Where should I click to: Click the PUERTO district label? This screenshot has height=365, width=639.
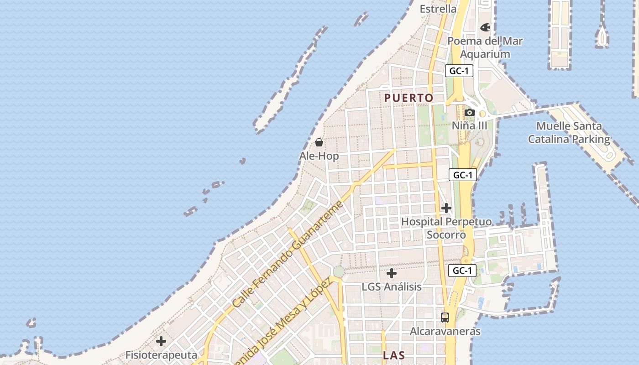pyautogui.click(x=409, y=98)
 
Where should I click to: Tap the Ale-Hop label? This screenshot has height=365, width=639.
pyautogui.click(x=319, y=156)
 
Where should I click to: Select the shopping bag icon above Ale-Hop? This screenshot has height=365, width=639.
pyautogui.click(x=319, y=142)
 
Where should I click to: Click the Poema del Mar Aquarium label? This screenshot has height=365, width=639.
pyautogui.click(x=485, y=47)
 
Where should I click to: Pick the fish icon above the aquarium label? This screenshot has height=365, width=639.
pyautogui.click(x=485, y=27)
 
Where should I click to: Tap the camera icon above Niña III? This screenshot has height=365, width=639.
pyautogui.click(x=469, y=112)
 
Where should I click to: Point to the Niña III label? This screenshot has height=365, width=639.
pyautogui.click(x=469, y=125)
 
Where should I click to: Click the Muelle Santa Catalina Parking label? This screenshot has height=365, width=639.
pyautogui.click(x=569, y=133)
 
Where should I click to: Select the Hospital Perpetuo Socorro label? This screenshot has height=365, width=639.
pyautogui.click(x=446, y=228)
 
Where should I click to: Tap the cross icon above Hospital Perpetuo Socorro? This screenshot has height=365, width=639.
pyautogui.click(x=446, y=209)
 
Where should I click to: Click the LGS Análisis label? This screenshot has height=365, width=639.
pyautogui.click(x=392, y=287)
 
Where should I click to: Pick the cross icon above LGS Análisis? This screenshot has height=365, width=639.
pyautogui.click(x=392, y=273)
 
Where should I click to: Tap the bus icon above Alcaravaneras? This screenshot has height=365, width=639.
pyautogui.click(x=445, y=318)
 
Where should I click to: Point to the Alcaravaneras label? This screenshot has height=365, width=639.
pyautogui.click(x=445, y=331)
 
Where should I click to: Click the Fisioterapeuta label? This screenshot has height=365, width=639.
pyautogui.click(x=161, y=355)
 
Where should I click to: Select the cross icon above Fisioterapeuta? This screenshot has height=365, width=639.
pyautogui.click(x=161, y=341)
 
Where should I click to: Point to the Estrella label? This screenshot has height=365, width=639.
pyautogui.click(x=438, y=9)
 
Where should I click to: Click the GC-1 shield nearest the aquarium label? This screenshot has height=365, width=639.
pyautogui.click(x=459, y=71)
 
